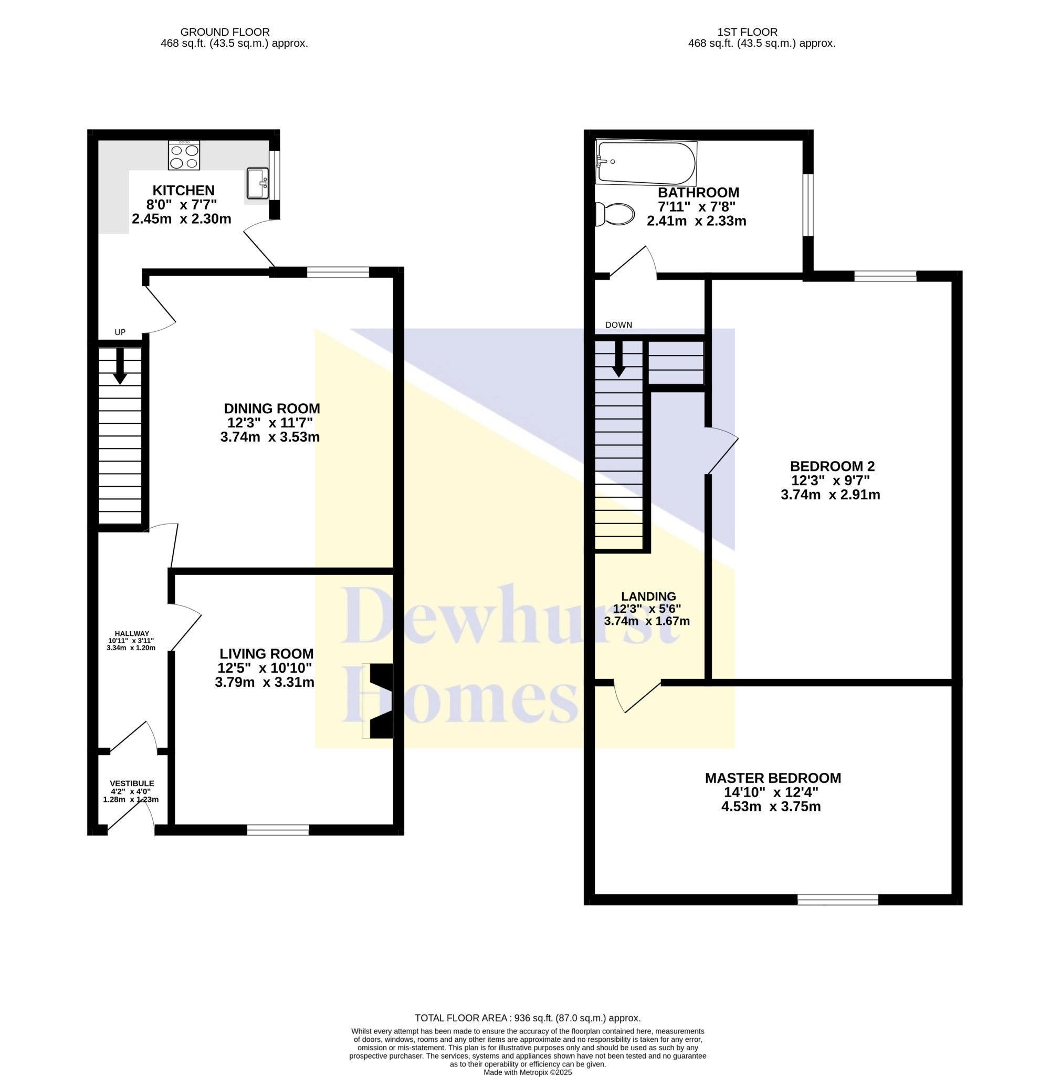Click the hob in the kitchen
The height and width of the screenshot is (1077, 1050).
pos(184,155)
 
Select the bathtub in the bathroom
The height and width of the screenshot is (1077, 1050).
pos(646,163)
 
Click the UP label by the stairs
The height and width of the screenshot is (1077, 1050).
pos(120,332)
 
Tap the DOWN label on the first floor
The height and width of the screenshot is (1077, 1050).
pos(619,326)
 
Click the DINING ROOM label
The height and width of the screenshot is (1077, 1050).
pos(272,409)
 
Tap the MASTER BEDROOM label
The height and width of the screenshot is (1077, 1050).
pos(773,778)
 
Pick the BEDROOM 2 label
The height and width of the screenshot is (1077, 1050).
pos(832,466)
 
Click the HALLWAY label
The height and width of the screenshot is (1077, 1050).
pos(132,634)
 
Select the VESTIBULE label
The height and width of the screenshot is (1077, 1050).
pos(132,783)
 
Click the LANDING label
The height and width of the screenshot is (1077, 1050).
pos(648,596)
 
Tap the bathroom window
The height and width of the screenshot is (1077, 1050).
pos(808,205)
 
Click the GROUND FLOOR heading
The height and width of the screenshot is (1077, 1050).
pos(225,33)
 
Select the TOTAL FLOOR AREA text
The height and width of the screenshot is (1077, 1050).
pos(528,1018)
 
